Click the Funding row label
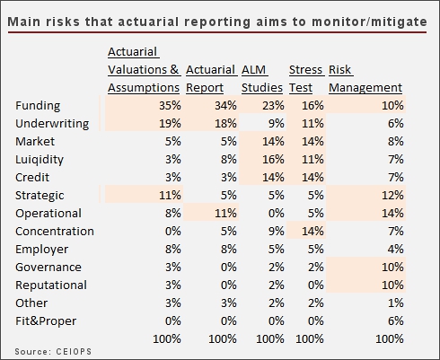[38, 106]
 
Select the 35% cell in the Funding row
[170, 106]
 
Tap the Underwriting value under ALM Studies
[276, 124]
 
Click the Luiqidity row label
[40, 160]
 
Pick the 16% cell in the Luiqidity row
[273, 160]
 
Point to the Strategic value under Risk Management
[392, 196]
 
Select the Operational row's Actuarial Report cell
[225, 214]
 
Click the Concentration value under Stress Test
[312, 232]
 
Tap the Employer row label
[41, 250]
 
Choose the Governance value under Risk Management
[392, 268]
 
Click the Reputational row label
[51, 285]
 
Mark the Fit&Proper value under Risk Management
[396, 321]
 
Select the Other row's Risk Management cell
[396, 303]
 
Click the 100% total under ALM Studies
[270, 339]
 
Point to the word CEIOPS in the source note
[74, 351]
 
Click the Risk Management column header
[365, 79]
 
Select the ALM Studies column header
[262, 79]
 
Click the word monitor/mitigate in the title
[369, 22]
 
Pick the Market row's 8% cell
[396, 142]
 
